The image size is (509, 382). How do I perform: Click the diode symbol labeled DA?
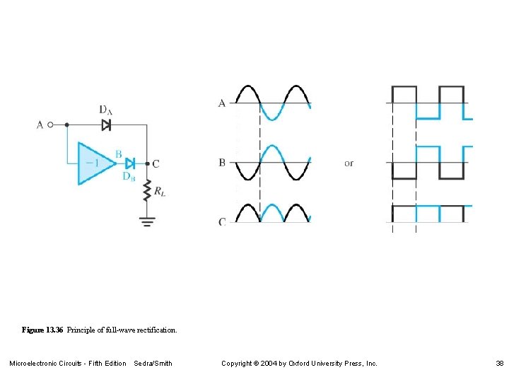[106, 125]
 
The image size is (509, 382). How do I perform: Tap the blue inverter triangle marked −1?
[93, 163]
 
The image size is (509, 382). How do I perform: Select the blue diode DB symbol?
[129, 163]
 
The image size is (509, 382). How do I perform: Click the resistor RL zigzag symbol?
[148, 190]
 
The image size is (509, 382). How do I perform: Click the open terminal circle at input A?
[50, 125]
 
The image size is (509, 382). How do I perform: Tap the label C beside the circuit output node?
[156, 163]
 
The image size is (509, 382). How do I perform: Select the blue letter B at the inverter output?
[118, 154]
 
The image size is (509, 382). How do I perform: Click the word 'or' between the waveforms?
[349, 163]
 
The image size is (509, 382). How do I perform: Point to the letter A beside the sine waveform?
[222, 103]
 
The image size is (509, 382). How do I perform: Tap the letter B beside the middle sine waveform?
[222, 163]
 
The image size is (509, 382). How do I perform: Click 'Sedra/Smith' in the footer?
[153, 364]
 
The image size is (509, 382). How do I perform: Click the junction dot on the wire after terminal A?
[66, 125]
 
